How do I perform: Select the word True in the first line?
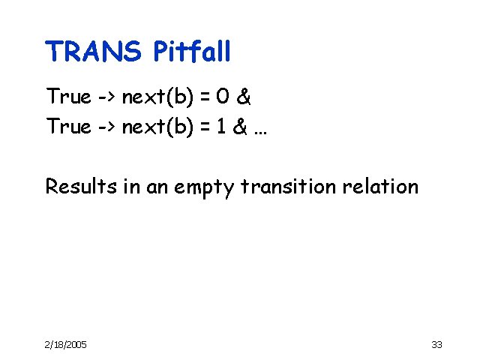(x=68, y=97)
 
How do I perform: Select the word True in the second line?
(x=68, y=127)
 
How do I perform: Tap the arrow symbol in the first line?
(x=107, y=97)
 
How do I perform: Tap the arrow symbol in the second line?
(x=107, y=127)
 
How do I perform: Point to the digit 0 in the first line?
(x=223, y=97)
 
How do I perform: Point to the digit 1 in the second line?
(x=222, y=127)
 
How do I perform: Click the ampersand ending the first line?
(x=243, y=97)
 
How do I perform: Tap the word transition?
(x=283, y=186)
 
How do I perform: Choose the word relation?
(x=380, y=186)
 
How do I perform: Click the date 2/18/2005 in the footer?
(x=66, y=344)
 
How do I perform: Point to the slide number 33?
(x=437, y=344)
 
